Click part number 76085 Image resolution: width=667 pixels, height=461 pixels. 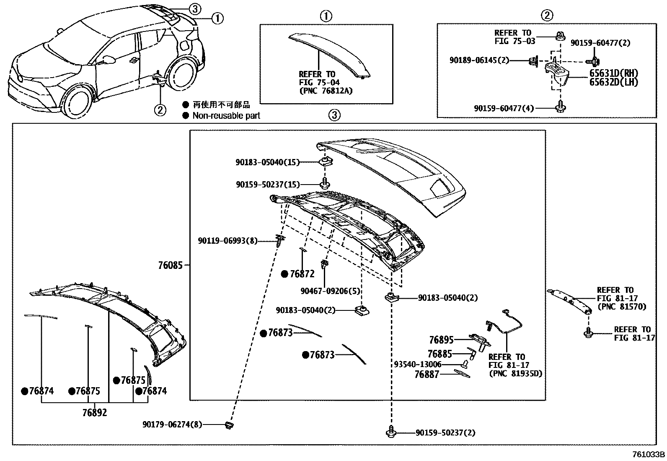pos(170,266)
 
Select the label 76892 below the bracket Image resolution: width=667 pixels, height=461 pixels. pos(94,412)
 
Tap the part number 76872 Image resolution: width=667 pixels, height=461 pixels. pos(302,274)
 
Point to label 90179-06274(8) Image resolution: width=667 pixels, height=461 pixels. pos(172,425)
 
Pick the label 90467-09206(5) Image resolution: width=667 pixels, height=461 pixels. pos(330,291)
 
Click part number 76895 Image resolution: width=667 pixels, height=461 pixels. pos(441,339)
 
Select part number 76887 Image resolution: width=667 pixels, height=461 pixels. pos(427,374)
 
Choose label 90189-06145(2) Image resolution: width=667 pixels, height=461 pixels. pos(479,60)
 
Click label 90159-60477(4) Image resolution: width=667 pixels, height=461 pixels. pos(504,108)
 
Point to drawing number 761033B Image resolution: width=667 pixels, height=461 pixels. pos(649,454)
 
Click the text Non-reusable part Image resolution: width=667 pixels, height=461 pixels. pos(226,116)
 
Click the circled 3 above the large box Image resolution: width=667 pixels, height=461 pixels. pos(334,115)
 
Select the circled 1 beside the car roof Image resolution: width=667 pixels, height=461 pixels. pos(217,18)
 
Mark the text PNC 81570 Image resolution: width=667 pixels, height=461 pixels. pos(621,307)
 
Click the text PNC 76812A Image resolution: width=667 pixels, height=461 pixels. pos(326,90)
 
